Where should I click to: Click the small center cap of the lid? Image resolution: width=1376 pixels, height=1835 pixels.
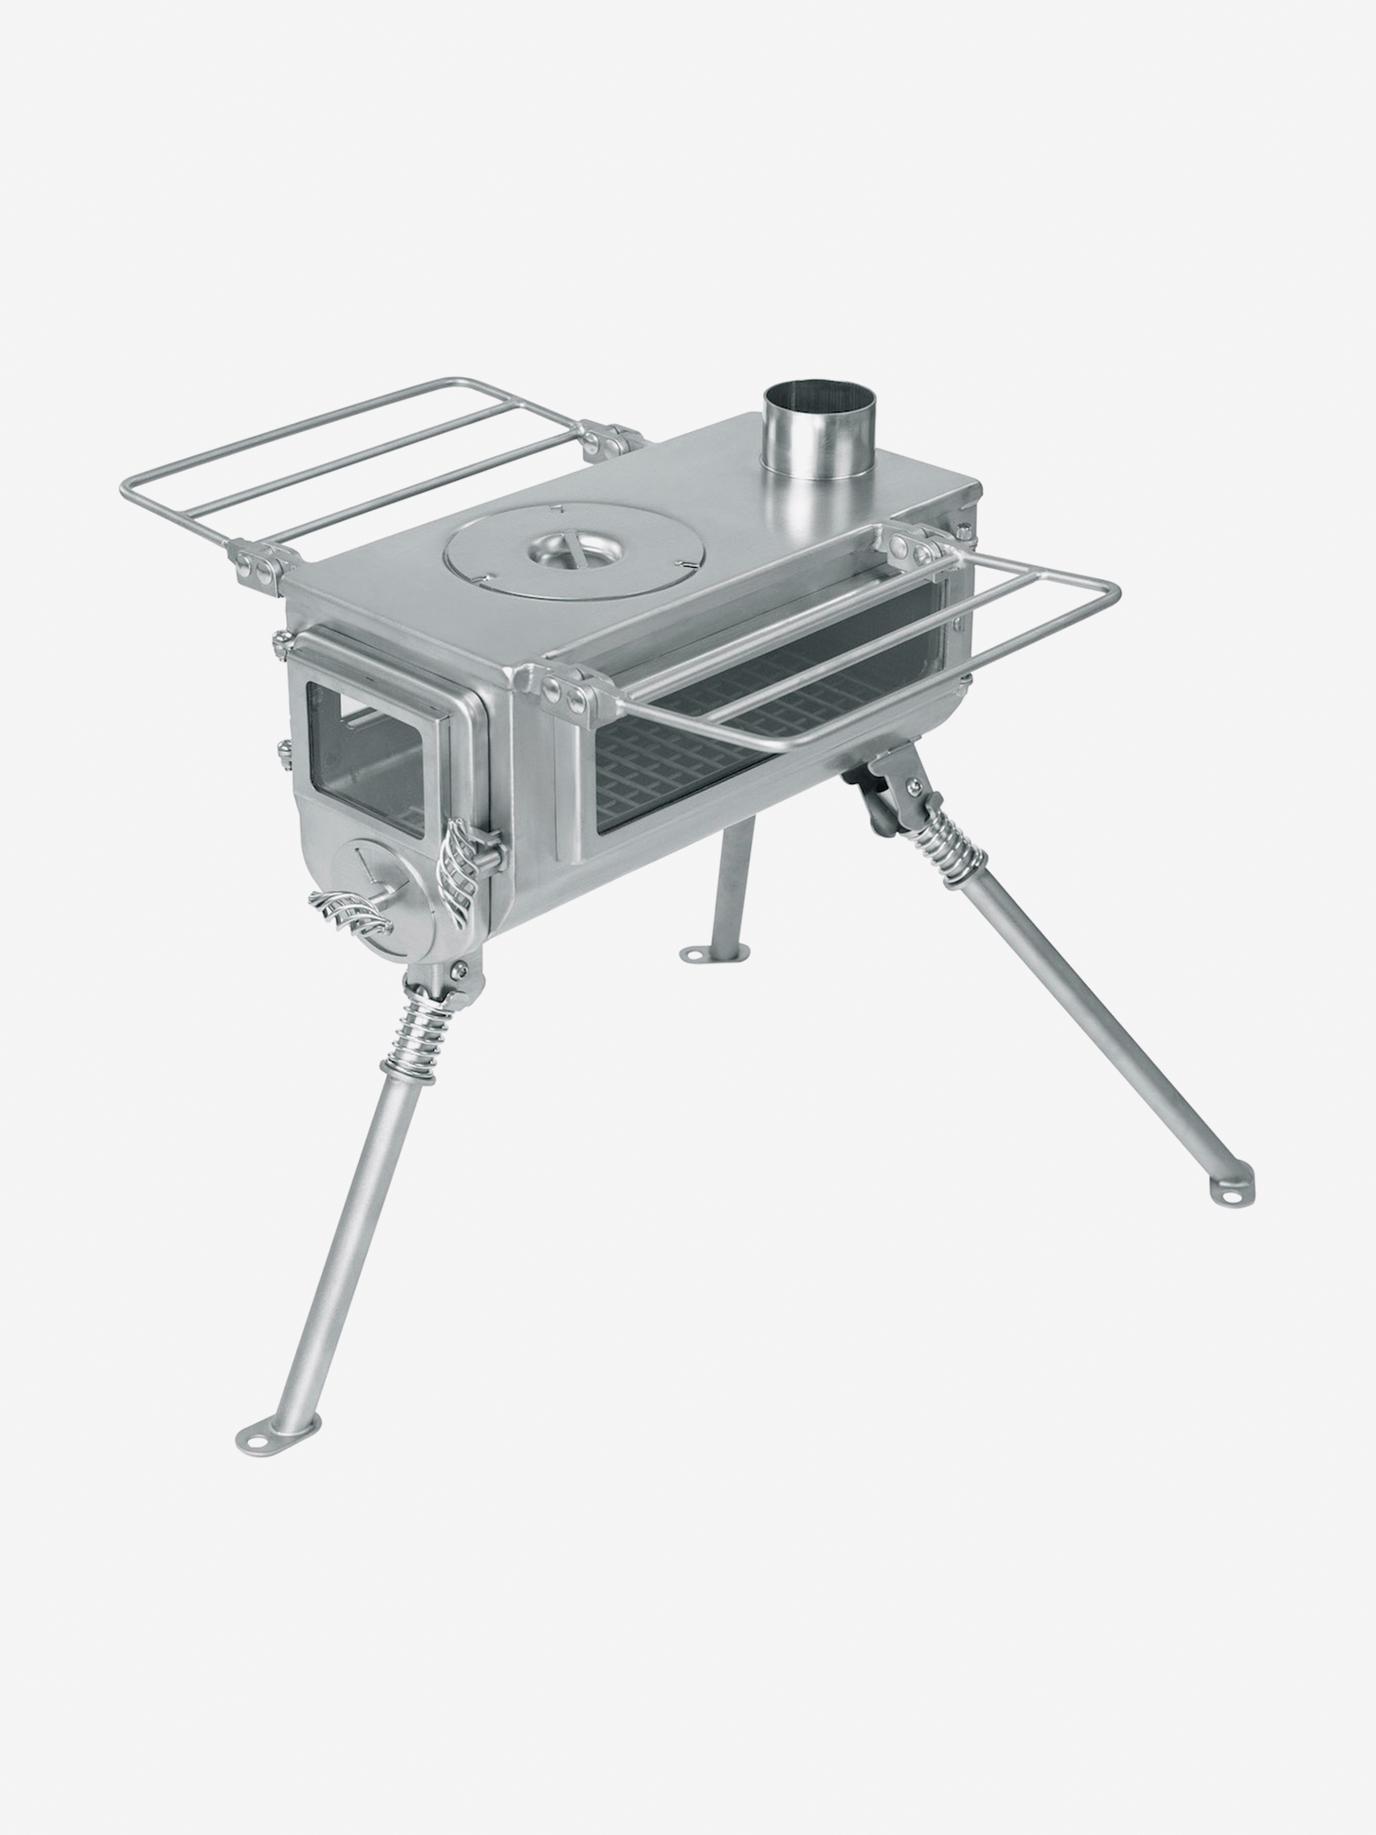571,549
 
